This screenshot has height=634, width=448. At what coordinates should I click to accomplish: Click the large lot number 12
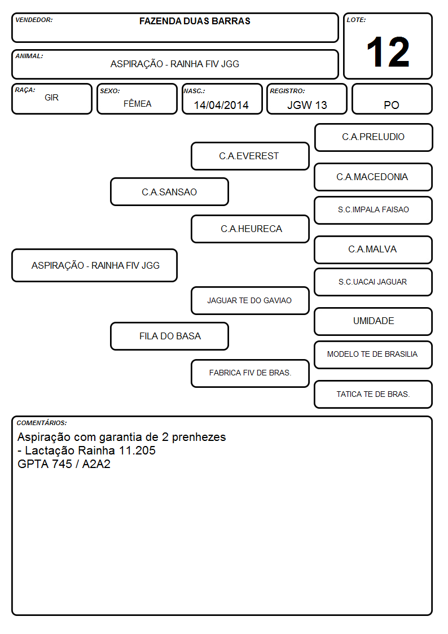tap(388, 52)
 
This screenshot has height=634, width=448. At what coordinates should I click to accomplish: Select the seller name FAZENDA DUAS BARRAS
tap(195, 21)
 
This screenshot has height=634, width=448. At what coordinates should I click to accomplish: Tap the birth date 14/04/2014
tap(221, 105)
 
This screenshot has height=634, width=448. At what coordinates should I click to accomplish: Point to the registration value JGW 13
tap(307, 105)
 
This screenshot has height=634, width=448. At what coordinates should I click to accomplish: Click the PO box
tap(392, 99)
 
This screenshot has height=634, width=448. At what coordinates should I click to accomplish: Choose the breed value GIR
tap(52, 98)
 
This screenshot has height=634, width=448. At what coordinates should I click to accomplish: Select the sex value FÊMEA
tap(137, 103)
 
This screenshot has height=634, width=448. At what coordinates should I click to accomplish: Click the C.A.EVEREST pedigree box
tap(250, 156)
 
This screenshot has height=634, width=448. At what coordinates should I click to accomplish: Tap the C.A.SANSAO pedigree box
tap(169, 191)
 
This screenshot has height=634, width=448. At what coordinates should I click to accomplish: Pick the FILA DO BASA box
tap(169, 336)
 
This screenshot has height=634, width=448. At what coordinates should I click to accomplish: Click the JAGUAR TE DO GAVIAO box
tap(250, 300)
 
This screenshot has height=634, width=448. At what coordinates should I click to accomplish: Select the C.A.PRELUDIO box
tap(374, 138)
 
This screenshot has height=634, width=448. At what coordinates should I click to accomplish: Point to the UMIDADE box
tap(374, 321)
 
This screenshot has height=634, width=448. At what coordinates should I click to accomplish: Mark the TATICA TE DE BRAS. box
tap(374, 394)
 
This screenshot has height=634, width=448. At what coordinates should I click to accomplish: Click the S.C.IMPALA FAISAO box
tap(374, 210)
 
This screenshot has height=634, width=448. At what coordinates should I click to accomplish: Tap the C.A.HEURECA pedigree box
tap(250, 229)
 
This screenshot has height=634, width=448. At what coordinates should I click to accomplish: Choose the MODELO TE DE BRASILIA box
tap(374, 355)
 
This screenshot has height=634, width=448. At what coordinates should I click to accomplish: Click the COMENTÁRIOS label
tap(42, 423)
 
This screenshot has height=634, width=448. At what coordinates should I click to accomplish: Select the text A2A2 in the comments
tap(96, 464)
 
